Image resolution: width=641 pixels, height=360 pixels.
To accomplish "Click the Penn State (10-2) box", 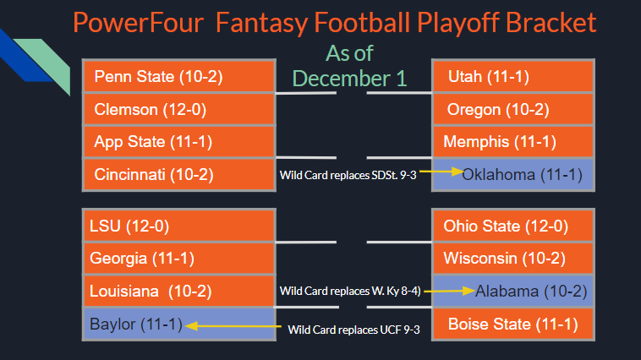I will point(179,77).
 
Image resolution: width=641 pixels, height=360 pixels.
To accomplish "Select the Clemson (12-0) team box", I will point(179,109).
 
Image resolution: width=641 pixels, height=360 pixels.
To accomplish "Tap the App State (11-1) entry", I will point(179,141).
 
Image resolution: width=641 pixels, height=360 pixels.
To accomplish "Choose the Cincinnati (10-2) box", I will point(179,174).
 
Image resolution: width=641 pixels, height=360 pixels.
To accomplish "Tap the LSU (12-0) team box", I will point(179,226).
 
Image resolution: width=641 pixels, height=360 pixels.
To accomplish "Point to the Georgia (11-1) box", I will point(179,259).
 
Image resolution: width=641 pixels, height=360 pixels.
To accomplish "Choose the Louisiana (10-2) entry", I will point(179,291).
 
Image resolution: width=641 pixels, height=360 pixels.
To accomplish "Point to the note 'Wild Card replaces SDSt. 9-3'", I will point(348,175).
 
